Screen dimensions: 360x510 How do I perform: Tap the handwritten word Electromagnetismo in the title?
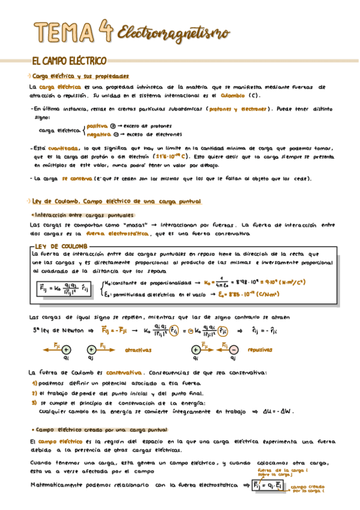pos(166,31)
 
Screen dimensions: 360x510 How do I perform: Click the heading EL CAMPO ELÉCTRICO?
pos(69,61)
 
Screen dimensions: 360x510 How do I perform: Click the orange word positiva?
pos(97,126)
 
